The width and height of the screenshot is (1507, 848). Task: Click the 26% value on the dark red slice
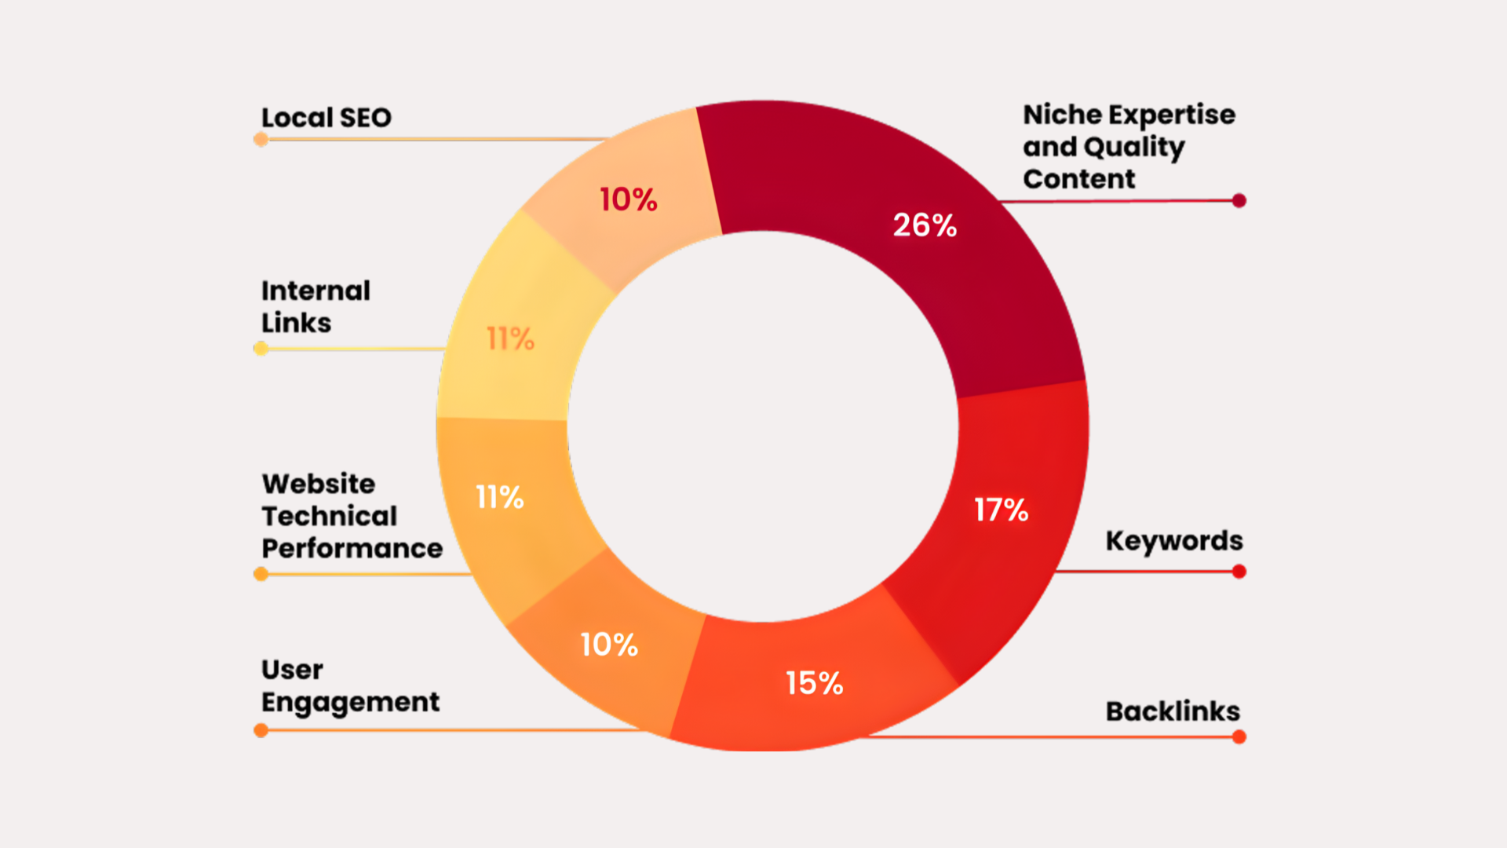925,225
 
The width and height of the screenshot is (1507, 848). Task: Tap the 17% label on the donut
1001,510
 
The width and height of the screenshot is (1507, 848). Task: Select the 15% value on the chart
814,683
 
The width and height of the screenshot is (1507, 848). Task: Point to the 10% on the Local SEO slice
628,199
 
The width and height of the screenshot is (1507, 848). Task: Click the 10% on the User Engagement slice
608,645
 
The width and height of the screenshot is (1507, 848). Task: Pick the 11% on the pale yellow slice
510,339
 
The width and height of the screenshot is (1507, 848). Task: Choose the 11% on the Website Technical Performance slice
499,497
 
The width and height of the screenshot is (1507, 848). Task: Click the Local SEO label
326,118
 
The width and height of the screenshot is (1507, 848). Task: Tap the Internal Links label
315,306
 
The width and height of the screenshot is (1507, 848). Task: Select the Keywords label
1173,541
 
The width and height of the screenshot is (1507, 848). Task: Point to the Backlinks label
1173,711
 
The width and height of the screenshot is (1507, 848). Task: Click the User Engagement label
349,685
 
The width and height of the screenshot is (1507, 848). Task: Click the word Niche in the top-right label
1062,115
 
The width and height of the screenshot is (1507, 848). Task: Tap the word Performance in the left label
352,548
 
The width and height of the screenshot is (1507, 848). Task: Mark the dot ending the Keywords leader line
1239,572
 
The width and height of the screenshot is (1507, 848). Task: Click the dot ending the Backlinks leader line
1239,737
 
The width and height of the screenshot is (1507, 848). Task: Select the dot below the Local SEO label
261,140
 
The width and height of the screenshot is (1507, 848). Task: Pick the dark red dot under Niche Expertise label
1239,201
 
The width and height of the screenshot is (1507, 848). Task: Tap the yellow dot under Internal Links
261,349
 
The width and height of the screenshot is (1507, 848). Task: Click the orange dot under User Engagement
261,731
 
